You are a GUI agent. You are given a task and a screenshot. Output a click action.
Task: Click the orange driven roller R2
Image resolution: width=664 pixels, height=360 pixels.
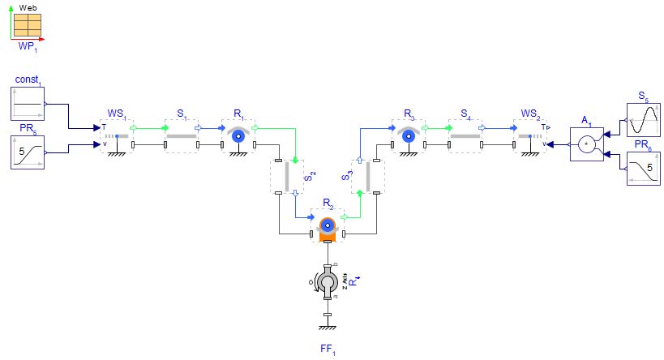click(327, 226)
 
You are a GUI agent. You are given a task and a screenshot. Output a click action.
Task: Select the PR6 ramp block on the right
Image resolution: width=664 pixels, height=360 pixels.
click(645, 169)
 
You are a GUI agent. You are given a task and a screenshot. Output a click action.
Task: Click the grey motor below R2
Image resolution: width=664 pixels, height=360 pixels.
click(328, 282)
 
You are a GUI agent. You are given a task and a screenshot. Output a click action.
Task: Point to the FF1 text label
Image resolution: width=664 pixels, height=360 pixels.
click(328, 351)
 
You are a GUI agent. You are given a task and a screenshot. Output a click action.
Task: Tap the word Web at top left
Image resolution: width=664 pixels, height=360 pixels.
click(27, 6)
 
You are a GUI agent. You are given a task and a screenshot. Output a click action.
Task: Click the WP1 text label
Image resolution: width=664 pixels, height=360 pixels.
click(27, 47)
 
